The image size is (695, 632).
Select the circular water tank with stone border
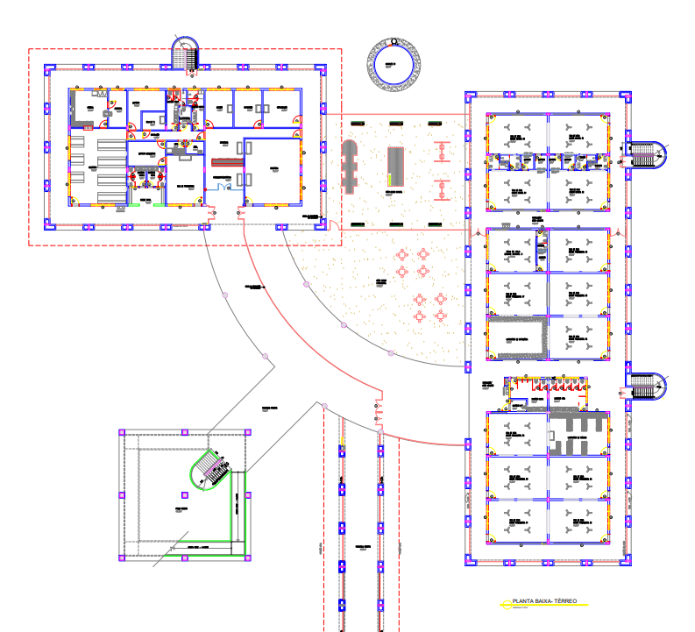pos(394,64)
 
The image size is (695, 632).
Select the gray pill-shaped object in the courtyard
pos(349,165)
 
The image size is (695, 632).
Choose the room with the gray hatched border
pos(517,338)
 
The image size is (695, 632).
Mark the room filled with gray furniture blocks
pos(578,434)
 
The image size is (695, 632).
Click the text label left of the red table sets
pos(382,283)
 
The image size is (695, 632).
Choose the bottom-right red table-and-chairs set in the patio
pos(441,316)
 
